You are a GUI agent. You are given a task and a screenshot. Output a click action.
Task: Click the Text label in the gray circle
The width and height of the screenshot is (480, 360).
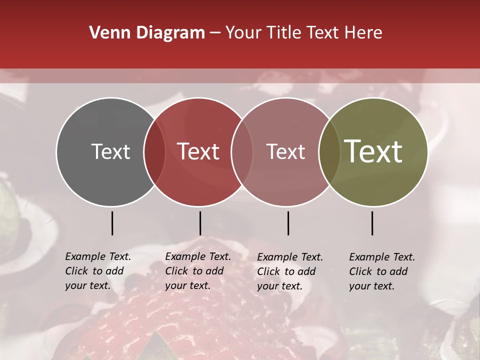point(110,152)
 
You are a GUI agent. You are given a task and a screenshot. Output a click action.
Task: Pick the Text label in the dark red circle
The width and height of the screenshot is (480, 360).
point(198,152)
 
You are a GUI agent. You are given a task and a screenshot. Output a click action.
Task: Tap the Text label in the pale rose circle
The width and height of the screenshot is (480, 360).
point(286,152)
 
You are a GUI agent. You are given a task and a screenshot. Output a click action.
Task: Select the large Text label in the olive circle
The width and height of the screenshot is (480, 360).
point(373,151)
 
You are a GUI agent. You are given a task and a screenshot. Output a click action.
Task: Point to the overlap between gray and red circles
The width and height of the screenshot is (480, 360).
point(154,152)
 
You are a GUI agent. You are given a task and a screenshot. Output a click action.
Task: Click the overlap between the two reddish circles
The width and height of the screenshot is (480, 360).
point(242,152)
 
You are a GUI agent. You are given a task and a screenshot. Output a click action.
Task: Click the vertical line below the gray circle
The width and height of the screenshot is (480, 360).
point(112,223)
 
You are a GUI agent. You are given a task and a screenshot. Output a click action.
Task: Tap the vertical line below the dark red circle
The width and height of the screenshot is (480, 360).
point(200,223)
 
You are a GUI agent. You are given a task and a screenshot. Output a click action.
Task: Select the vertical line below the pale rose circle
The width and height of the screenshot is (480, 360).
point(288,223)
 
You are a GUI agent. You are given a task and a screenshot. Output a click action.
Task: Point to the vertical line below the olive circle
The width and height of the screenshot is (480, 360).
point(372,223)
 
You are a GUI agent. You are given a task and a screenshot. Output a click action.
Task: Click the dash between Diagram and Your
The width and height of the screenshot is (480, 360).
point(215,33)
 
